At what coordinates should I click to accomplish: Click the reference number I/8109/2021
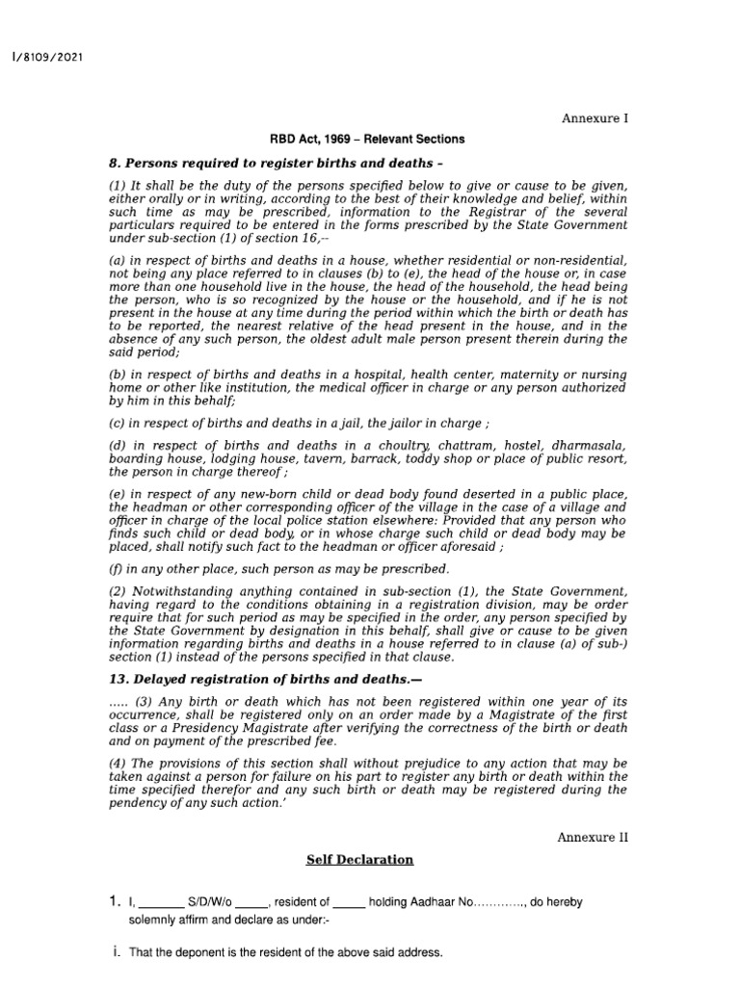click(45, 57)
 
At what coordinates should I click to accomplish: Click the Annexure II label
click(592, 837)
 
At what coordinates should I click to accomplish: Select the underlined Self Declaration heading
click(359, 860)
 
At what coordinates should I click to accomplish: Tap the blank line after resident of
click(349, 904)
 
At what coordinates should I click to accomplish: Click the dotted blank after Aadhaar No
click(500, 904)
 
